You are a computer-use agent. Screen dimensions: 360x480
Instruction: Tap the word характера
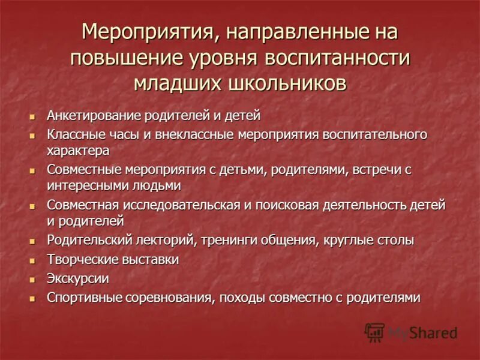(78, 150)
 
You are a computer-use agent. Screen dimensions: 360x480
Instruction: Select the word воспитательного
(375, 134)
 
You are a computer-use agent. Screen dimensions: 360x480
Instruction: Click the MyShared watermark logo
(412, 332)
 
